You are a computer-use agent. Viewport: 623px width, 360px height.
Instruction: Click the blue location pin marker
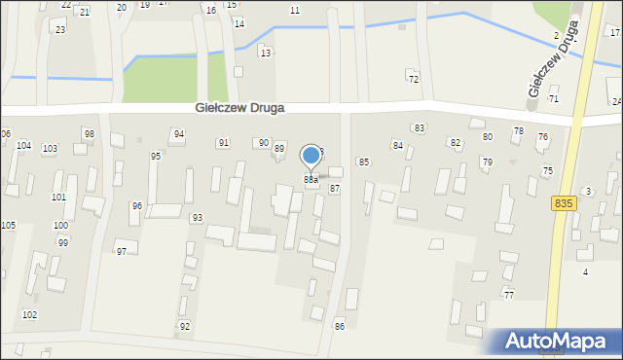(x=311, y=156)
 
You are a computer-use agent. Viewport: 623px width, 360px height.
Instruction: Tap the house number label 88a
(x=311, y=180)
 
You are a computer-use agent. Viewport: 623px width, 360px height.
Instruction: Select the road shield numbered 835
(x=562, y=202)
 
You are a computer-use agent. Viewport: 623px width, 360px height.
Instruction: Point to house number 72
(x=414, y=79)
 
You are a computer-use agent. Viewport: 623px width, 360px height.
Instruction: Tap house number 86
(x=340, y=326)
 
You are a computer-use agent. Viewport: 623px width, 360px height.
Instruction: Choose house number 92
(x=185, y=326)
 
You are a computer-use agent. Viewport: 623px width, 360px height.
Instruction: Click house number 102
(x=30, y=314)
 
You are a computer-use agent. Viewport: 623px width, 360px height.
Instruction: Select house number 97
(x=122, y=252)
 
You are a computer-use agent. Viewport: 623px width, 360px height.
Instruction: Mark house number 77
(x=509, y=294)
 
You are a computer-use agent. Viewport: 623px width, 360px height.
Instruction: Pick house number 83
(x=420, y=128)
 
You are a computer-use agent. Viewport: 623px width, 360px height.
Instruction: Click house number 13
(x=265, y=53)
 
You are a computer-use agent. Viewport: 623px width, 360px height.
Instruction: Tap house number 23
(x=60, y=30)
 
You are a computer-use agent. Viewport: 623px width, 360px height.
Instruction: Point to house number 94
(x=178, y=133)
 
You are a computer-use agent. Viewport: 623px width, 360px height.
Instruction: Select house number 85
(x=364, y=162)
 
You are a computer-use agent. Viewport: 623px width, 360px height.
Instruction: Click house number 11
(x=295, y=10)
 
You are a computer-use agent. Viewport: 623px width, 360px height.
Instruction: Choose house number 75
(x=548, y=171)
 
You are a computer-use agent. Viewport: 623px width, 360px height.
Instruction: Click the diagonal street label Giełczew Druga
(x=552, y=58)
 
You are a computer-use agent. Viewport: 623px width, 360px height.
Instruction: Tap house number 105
(x=8, y=226)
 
